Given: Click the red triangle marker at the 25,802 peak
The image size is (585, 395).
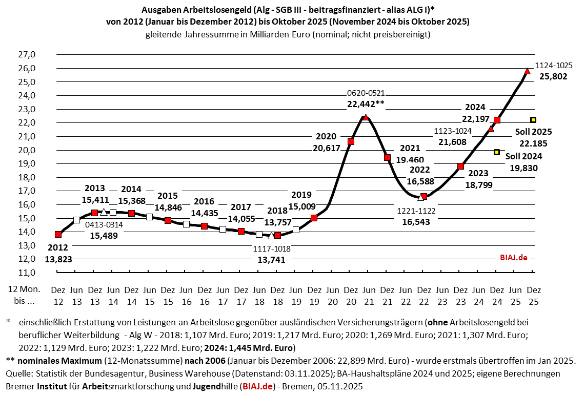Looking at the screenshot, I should coord(527,71).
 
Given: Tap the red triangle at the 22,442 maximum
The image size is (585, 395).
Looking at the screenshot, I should coord(366,117).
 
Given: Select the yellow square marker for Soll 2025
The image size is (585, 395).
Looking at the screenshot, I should coord(533,120).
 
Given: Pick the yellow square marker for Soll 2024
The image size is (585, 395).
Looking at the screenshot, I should coord(497,152).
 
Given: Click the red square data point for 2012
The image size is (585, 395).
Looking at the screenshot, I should coord(58,234).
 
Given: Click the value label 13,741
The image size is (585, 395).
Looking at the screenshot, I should coord(271,260).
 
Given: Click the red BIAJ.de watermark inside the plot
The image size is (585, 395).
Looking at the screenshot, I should coord(514,258).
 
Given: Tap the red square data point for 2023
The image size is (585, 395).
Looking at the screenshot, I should coord(461,166).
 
